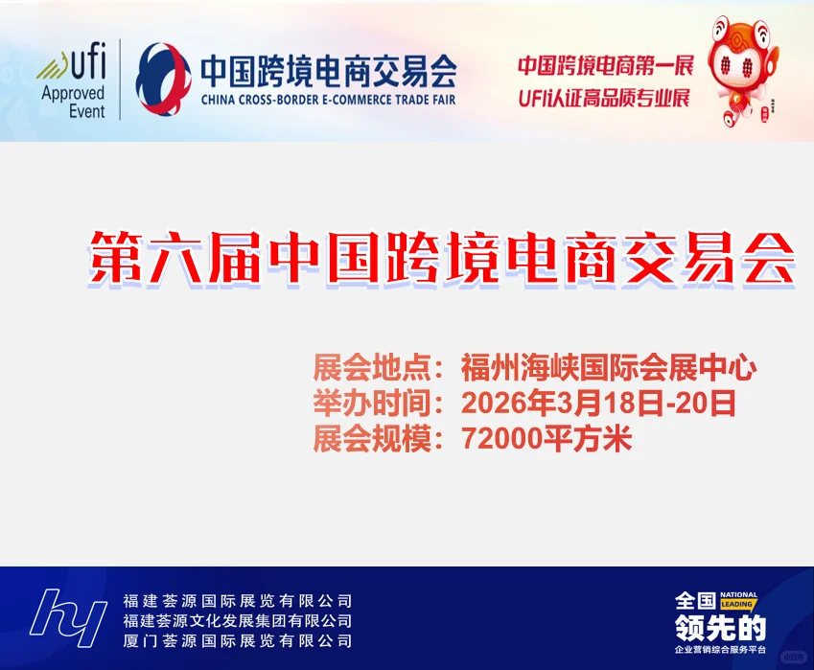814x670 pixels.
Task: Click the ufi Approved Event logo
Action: [x=72, y=81]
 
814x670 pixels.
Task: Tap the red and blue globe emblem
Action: [x=164, y=80]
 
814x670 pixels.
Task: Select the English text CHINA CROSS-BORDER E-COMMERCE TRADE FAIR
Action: [x=328, y=99]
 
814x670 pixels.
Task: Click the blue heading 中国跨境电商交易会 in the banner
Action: [x=328, y=70]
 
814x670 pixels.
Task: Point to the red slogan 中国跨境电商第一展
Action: [x=603, y=66]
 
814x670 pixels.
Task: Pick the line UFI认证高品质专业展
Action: [x=603, y=98]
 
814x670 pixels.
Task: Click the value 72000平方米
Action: [x=547, y=439]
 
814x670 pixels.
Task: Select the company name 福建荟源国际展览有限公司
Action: [x=238, y=601]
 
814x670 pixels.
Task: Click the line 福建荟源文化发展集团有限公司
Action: [x=238, y=621]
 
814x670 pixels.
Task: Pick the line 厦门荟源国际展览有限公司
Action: [x=238, y=641]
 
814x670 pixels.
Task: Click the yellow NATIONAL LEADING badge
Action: [x=737, y=600]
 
